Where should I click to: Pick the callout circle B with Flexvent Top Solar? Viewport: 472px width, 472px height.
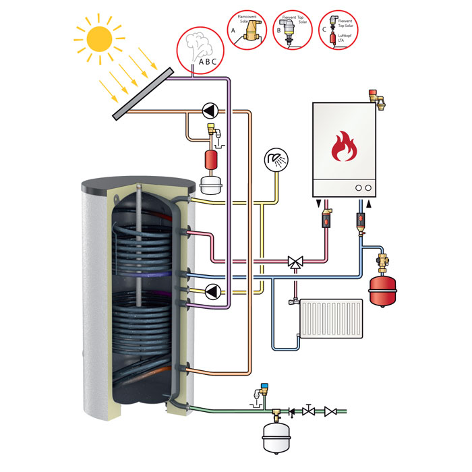[295, 28]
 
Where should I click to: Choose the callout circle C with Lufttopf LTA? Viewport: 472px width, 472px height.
[341, 28]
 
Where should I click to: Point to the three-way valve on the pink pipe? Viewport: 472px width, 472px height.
[295, 261]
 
